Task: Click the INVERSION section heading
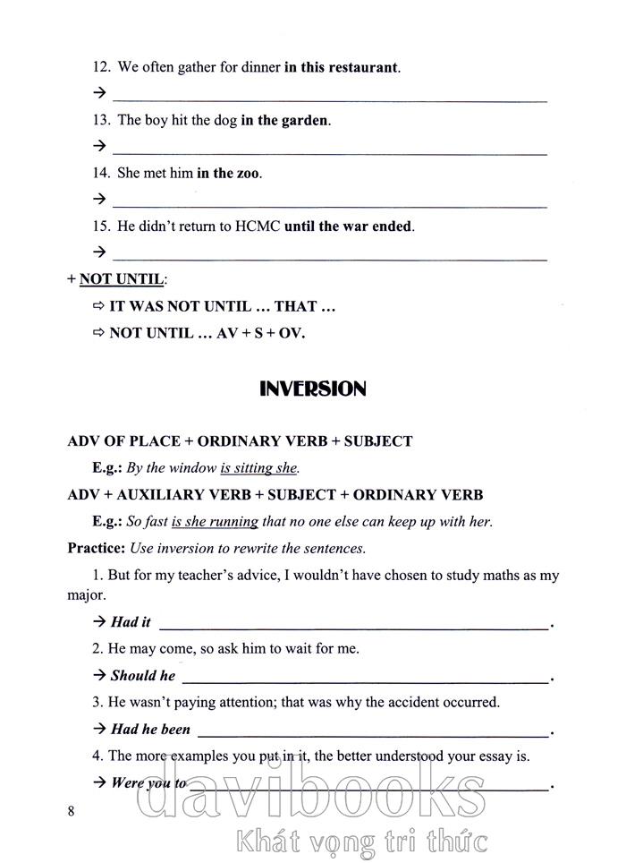(x=312, y=389)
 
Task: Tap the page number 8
(x=72, y=812)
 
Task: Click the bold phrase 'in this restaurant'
(x=341, y=67)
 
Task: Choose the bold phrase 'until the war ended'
(x=349, y=226)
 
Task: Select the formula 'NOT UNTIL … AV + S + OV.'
(x=207, y=333)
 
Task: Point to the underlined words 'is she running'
(x=215, y=521)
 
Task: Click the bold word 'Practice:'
(x=97, y=548)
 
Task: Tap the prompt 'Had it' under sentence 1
(x=131, y=622)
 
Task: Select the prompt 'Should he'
(x=142, y=676)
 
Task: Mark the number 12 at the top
(x=101, y=67)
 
